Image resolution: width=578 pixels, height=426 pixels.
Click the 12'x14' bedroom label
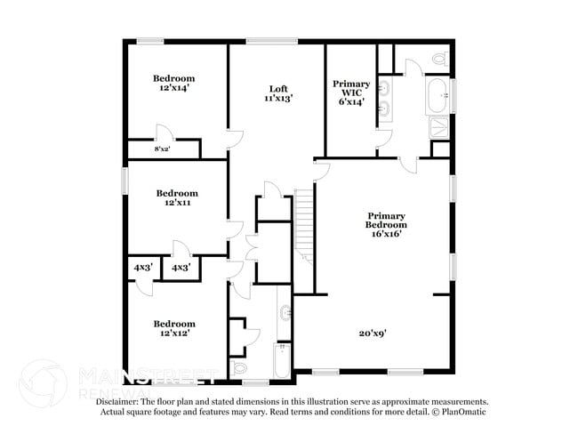(x=173, y=84)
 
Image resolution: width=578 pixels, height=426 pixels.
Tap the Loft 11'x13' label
(x=278, y=93)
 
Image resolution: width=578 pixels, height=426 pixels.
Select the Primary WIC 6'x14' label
(x=351, y=92)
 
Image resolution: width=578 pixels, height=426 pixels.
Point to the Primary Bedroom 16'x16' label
(x=386, y=225)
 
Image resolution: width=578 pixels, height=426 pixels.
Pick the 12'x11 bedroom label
(x=177, y=197)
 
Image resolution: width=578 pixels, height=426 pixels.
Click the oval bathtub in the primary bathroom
(x=438, y=95)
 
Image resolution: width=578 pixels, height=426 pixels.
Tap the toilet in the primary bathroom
(x=438, y=60)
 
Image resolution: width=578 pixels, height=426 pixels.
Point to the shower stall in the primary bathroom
(x=440, y=127)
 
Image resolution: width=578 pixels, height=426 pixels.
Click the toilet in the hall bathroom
(x=239, y=366)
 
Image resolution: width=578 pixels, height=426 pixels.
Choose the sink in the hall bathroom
(x=285, y=313)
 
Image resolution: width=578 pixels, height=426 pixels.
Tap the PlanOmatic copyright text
(x=462, y=413)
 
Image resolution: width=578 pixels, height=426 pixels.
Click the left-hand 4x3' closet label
(x=142, y=267)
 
